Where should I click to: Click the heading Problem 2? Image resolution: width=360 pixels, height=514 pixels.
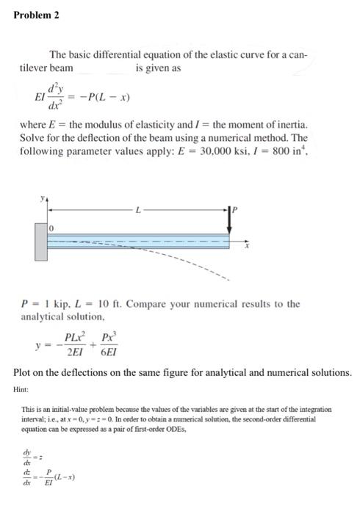click(x=37, y=14)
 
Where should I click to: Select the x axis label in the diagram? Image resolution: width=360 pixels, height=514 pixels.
click(x=248, y=247)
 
